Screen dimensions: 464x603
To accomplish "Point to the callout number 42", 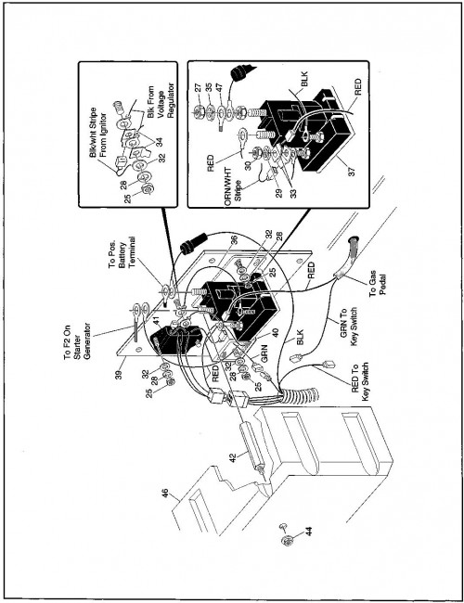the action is (x=232, y=458).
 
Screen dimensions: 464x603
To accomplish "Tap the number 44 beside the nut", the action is (x=309, y=531).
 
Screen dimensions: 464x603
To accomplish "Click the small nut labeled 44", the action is (x=287, y=540).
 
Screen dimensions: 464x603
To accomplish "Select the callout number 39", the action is (x=119, y=374).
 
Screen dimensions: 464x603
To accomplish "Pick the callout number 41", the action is (x=155, y=320).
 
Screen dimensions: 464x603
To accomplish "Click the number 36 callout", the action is (x=235, y=240).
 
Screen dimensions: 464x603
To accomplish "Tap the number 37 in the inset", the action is (x=352, y=171).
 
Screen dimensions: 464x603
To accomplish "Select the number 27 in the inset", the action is (x=198, y=87).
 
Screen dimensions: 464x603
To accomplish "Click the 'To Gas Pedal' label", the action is (x=378, y=288).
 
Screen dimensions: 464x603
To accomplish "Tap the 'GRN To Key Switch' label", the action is (x=349, y=327).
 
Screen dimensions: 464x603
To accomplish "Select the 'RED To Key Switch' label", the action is (x=360, y=382).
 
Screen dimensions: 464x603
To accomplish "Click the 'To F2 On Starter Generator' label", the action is (x=77, y=342).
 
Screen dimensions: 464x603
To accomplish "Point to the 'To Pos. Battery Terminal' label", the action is (x=121, y=255).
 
